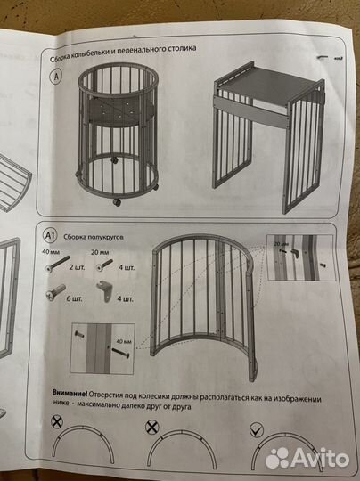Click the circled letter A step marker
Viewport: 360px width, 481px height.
56,77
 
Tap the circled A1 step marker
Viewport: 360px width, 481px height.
49,235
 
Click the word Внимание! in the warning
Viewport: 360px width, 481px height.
70,394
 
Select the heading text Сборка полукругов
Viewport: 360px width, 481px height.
94,237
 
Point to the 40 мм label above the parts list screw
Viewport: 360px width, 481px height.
51,252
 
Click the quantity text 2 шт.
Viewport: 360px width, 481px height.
77,267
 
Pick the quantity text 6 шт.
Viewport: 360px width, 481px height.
74,298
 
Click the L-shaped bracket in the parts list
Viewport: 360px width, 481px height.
105,292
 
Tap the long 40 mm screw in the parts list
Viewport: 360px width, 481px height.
57,264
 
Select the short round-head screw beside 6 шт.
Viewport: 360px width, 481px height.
55,292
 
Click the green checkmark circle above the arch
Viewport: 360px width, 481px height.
257,429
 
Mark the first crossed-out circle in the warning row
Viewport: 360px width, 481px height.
57,422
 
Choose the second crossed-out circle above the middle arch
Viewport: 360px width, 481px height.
151,427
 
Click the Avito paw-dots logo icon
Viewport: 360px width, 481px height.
277,458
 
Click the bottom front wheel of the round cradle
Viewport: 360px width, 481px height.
117,202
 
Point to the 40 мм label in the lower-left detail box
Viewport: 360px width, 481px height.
123,341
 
